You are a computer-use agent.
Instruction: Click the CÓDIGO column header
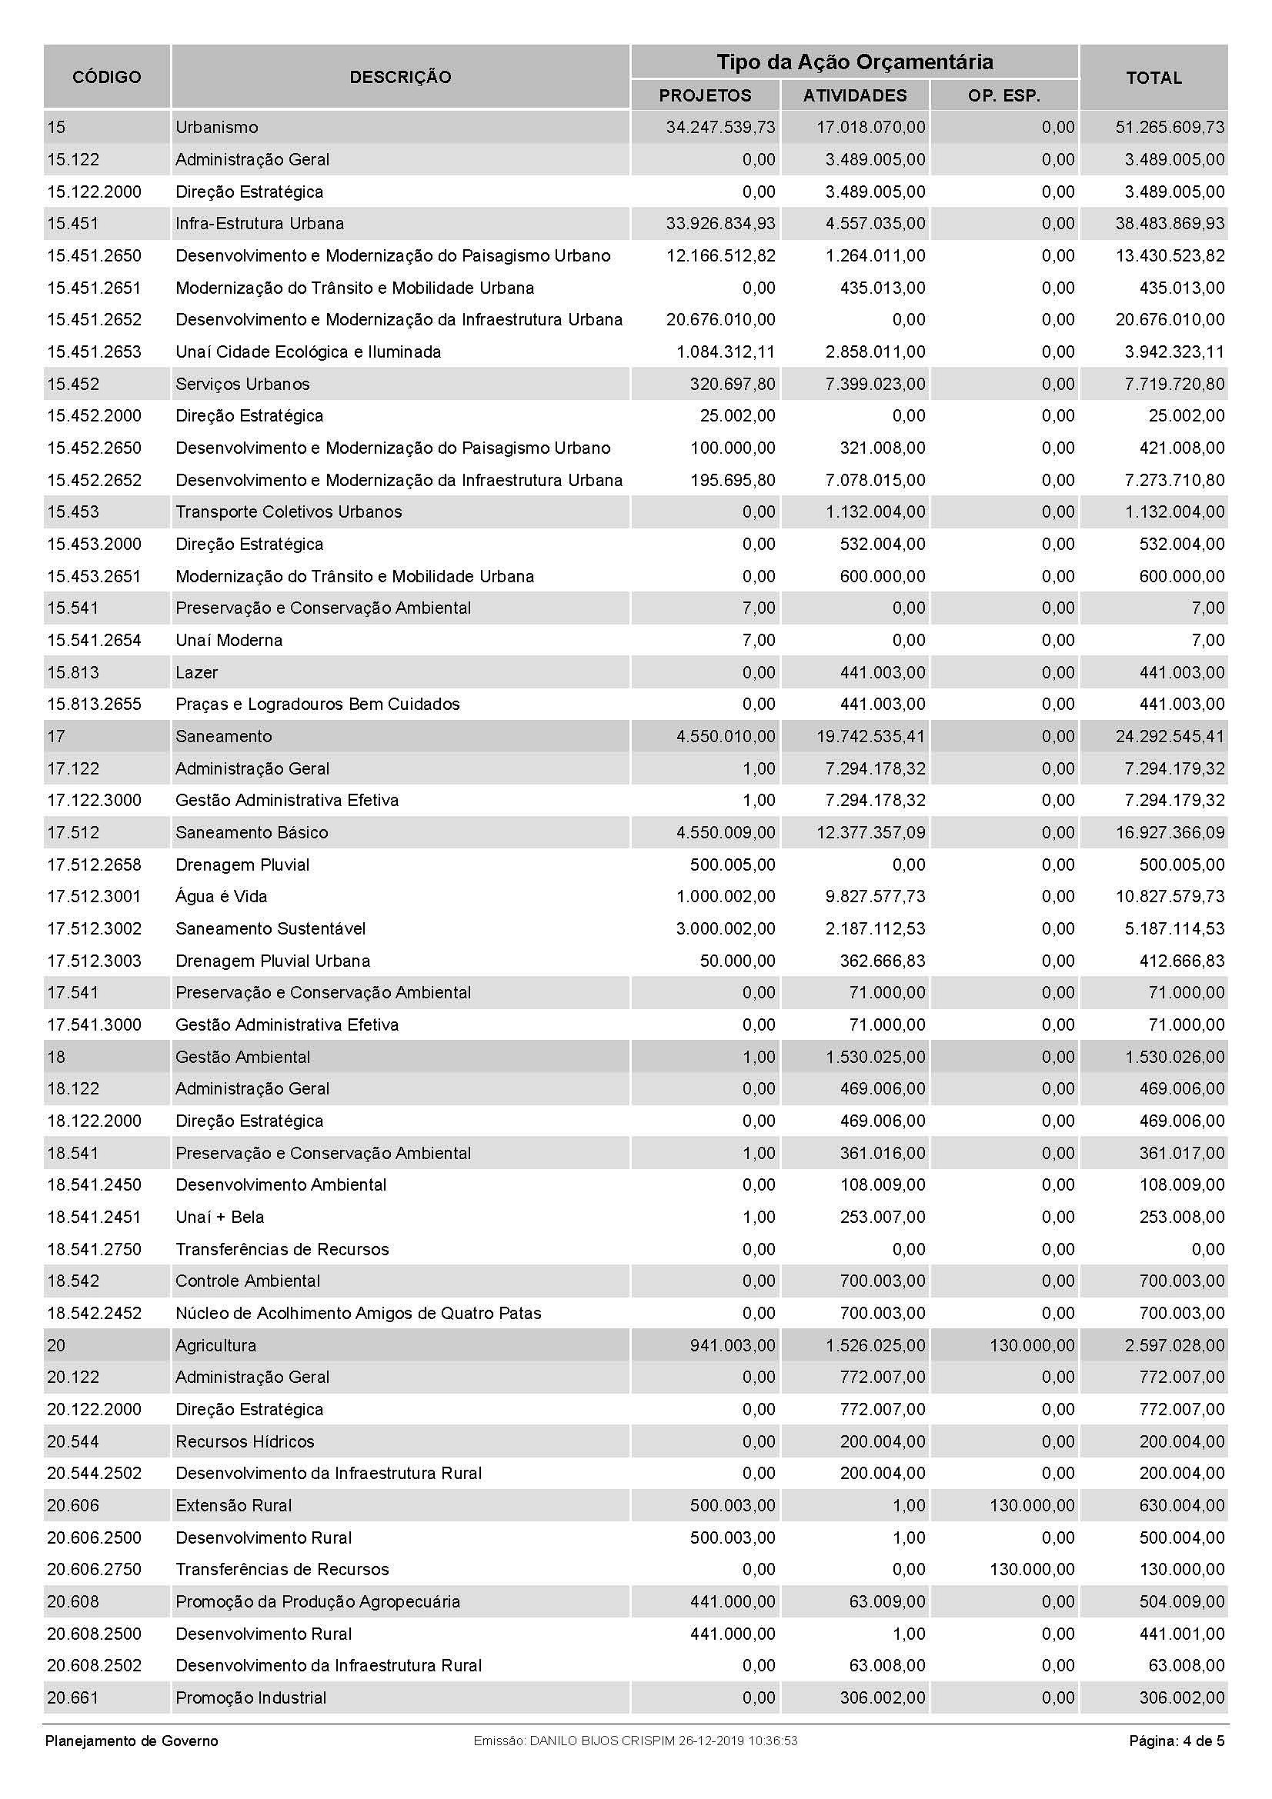point(107,77)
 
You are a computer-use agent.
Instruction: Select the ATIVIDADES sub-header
point(854,95)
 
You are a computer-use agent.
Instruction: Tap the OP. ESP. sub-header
point(1004,95)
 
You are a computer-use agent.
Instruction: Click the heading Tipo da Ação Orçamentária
point(854,62)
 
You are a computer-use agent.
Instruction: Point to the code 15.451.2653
point(94,351)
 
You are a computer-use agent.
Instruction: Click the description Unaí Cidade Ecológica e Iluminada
point(308,351)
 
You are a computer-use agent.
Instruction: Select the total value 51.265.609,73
point(1170,127)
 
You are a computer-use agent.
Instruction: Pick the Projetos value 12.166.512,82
point(720,255)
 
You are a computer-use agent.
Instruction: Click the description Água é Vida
point(221,896)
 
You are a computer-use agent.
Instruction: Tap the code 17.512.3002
point(94,928)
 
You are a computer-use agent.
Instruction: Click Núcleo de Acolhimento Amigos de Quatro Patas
point(358,1313)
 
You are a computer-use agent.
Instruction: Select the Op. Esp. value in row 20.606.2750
point(1032,1570)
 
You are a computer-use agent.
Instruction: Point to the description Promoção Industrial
point(251,1698)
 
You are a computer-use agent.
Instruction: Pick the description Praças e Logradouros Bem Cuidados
point(317,705)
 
